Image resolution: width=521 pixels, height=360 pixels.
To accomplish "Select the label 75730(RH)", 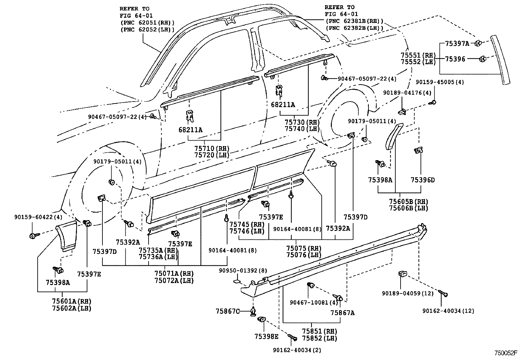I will point(302,122).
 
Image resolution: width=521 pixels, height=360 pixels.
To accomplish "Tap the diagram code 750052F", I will point(506,353).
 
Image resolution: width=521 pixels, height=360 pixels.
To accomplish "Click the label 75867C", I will point(227,311).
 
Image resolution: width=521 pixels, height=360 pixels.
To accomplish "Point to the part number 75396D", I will point(422,180).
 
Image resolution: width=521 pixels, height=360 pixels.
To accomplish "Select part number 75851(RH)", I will point(319,332).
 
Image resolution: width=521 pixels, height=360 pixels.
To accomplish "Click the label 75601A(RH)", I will point(71,301).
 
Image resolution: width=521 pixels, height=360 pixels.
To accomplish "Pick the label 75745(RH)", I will point(247,224).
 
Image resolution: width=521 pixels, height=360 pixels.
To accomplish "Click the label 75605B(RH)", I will point(408,202).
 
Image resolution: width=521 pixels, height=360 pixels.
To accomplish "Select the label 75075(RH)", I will point(304,248).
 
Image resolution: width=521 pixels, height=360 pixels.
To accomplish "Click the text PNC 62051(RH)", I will point(147,22).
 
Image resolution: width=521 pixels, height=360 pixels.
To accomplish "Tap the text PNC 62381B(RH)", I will point(354,21).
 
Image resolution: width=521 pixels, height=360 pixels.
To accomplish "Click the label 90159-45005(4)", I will point(440,82).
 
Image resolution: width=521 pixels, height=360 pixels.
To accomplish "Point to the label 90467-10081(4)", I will point(314,302).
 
